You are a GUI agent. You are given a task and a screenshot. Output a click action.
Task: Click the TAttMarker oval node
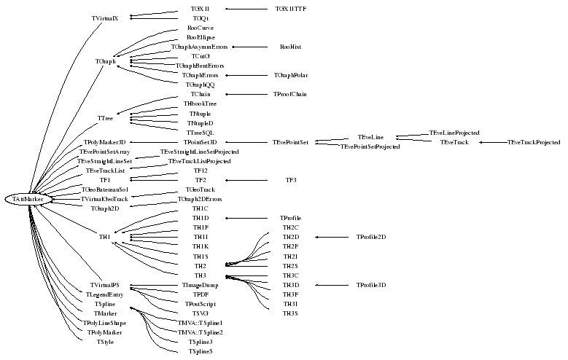click(x=28, y=199)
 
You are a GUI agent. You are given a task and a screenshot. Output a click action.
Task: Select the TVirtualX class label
click(x=105, y=17)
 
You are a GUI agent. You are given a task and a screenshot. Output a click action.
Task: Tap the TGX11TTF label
click(x=291, y=9)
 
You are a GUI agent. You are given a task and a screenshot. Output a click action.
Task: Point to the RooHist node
click(x=290, y=47)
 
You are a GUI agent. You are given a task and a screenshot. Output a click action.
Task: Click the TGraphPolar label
click(x=291, y=75)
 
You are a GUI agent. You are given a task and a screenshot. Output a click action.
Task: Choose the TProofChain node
click(x=290, y=94)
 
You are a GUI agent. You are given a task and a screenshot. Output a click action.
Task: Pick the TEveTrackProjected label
click(x=534, y=142)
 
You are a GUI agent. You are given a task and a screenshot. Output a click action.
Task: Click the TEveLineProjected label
click(x=454, y=133)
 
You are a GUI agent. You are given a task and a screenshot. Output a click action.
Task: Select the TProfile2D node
click(x=371, y=237)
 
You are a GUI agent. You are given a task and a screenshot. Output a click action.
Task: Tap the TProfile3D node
click(x=371, y=285)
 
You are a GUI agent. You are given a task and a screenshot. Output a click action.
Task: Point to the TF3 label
click(x=291, y=179)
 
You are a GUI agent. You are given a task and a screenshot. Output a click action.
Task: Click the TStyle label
click(x=105, y=342)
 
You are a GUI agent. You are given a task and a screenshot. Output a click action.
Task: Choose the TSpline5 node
click(x=201, y=351)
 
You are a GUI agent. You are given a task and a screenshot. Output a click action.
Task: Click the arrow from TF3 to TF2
click(x=248, y=179)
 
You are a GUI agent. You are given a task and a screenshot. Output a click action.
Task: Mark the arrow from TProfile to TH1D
click(x=248, y=218)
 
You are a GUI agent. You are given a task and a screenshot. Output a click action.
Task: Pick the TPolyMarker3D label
click(x=105, y=142)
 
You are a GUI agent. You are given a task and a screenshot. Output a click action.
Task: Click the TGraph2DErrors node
click(x=200, y=199)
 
